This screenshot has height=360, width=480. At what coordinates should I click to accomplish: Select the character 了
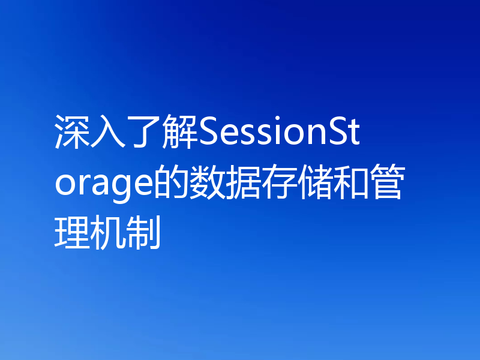pos(144,131)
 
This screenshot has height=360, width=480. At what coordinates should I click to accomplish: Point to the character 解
pos(180,131)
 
